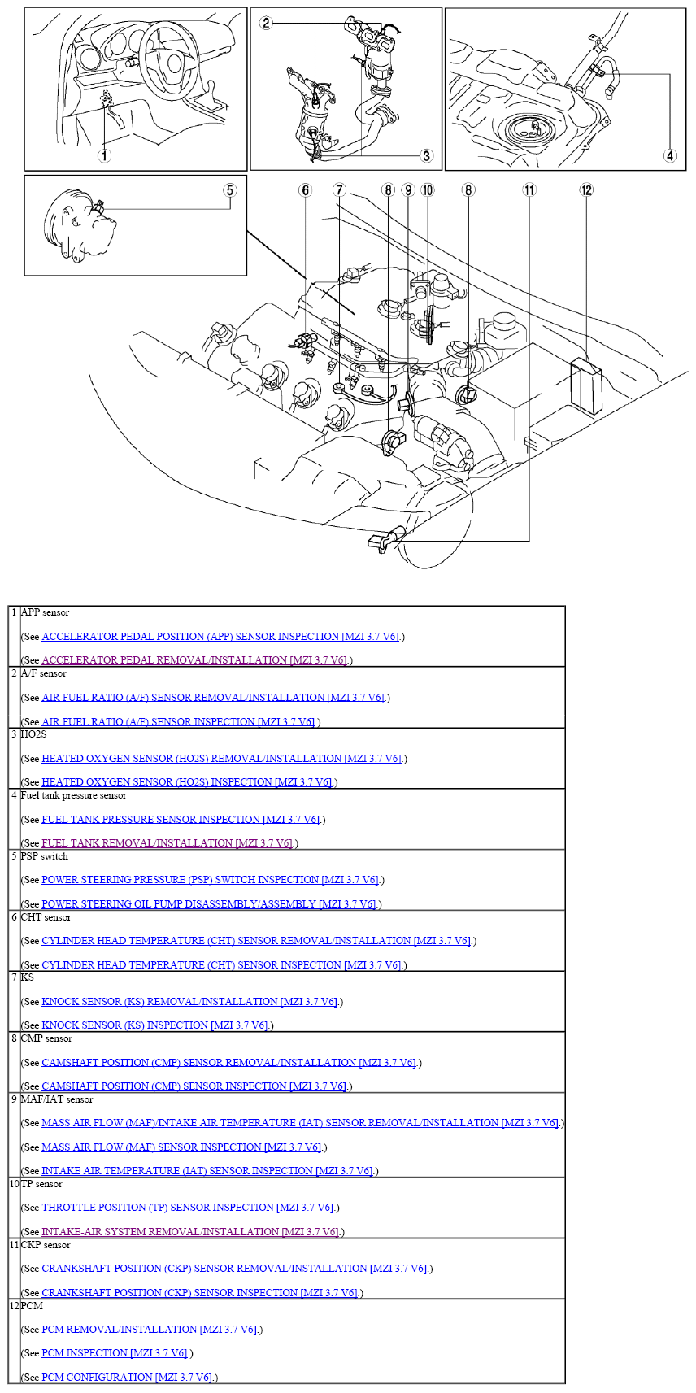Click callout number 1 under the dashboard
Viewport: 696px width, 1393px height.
pos(105,156)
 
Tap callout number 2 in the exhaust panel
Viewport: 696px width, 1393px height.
pos(266,23)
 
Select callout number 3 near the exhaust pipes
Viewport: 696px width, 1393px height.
pos(426,155)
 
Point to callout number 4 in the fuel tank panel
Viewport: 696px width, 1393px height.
pos(670,155)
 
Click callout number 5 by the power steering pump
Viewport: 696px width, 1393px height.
pos(230,189)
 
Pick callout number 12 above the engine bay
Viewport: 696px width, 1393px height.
pos(586,189)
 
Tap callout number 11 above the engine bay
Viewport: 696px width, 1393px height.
pos(529,189)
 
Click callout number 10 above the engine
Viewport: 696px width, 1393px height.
pos(428,189)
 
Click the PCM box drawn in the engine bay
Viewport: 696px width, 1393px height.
pos(586,385)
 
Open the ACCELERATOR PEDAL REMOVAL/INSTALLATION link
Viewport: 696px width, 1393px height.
pos(194,659)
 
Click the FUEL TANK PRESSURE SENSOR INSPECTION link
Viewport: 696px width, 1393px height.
pos(181,819)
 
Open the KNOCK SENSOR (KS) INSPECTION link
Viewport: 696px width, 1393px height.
pos(154,1025)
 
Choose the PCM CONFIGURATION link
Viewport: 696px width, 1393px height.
pos(127,1377)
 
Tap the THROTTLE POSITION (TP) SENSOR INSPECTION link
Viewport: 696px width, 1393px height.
pos(187,1207)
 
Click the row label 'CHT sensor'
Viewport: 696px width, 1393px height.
pos(46,916)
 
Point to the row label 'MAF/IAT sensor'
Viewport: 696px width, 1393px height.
pos(57,1099)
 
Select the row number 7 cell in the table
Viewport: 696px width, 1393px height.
pos(15,977)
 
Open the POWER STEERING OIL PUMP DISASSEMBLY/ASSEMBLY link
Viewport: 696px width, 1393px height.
pos(208,903)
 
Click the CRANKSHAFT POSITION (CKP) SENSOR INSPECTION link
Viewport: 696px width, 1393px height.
pos(200,1292)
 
